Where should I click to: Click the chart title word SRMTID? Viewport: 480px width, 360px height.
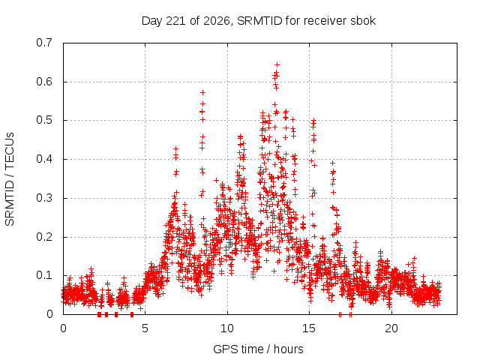(x=259, y=21)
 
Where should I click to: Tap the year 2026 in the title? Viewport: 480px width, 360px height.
(x=217, y=21)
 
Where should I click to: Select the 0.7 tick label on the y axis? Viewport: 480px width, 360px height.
(x=44, y=43)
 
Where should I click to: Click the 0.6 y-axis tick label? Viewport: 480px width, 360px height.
(x=44, y=82)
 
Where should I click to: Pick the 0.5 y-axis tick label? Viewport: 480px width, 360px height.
(x=44, y=120)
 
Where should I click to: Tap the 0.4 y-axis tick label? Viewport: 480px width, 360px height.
(x=44, y=159)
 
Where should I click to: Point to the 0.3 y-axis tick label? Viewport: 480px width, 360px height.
(x=44, y=198)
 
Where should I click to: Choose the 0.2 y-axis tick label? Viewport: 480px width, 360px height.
(x=44, y=237)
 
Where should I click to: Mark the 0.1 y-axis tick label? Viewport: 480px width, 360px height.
(x=44, y=275)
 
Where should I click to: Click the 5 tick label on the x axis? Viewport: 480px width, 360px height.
(x=145, y=328)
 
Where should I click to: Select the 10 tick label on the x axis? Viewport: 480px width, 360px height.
(x=227, y=328)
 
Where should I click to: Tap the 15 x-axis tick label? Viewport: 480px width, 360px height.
(x=309, y=328)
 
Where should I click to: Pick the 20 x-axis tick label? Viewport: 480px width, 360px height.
(x=391, y=328)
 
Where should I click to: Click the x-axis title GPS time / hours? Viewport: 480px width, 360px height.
(x=258, y=349)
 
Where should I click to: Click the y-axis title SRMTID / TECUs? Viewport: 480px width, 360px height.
(x=10, y=179)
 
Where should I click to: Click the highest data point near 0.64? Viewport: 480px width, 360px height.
(x=277, y=65)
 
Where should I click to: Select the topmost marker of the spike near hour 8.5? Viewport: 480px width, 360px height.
(x=202, y=92)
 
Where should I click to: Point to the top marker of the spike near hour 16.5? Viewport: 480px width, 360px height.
(x=332, y=163)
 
